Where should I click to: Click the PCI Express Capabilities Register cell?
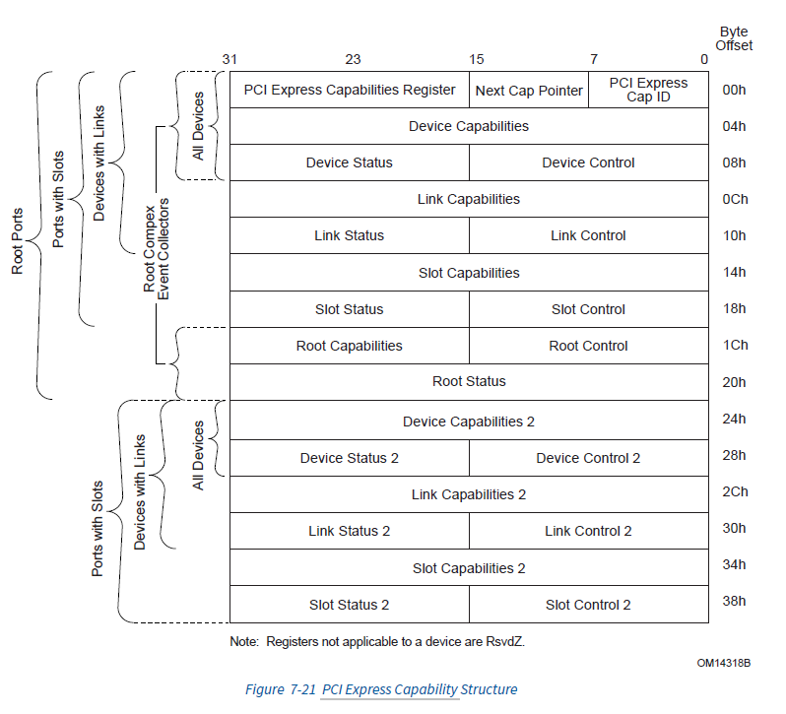349,90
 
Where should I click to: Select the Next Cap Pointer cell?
529,91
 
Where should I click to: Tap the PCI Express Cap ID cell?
648,90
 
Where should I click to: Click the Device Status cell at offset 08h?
349,162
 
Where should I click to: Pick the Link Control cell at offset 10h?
588,235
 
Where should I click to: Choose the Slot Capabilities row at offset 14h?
469,273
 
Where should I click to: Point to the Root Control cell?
588,346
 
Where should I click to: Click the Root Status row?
469,381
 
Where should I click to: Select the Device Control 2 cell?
588,458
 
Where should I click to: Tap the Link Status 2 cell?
349,531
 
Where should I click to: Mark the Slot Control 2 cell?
588,605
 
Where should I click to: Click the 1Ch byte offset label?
735,346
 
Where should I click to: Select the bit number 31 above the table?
230,59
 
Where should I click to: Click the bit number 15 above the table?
477,59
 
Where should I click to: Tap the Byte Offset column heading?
735,38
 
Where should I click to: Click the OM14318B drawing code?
723,664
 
